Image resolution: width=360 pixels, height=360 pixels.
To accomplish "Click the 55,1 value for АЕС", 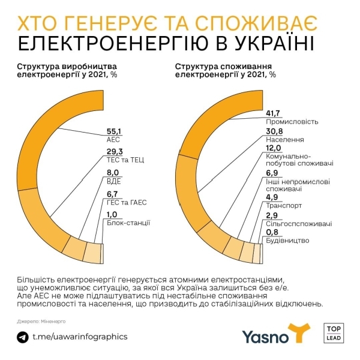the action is pos(113,131).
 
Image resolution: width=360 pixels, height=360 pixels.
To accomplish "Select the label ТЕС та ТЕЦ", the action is pos(125,160).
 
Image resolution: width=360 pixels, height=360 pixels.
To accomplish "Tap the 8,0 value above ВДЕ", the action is pos(113,172).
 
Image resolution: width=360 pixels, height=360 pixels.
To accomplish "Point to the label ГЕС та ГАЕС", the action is pos(127,203).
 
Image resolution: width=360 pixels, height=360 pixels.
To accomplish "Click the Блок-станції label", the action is pos(128,223).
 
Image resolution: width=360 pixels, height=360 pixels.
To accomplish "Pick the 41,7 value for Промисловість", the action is pos(273,113).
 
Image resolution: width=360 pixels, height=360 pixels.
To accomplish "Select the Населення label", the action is pos(284,140).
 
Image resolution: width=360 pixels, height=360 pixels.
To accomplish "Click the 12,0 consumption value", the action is pos(273,148).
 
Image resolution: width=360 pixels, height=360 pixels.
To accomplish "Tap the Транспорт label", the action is pos(284,205).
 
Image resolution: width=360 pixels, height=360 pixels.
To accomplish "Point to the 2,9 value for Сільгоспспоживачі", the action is pos(272,215).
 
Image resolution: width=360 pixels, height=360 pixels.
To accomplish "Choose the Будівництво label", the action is pos(287,241).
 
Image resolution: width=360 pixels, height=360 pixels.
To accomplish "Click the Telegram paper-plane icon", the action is pos(23,337).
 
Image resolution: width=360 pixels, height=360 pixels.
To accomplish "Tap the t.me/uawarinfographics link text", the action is pos(80,337).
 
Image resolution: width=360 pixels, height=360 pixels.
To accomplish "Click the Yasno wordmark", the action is pos(265,337).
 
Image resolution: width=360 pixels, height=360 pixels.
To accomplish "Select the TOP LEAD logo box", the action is pos(334,333).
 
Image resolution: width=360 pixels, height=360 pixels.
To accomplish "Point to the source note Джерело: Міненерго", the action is pos(41,322).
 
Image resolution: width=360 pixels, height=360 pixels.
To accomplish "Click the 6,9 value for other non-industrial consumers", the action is pos(272,173).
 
